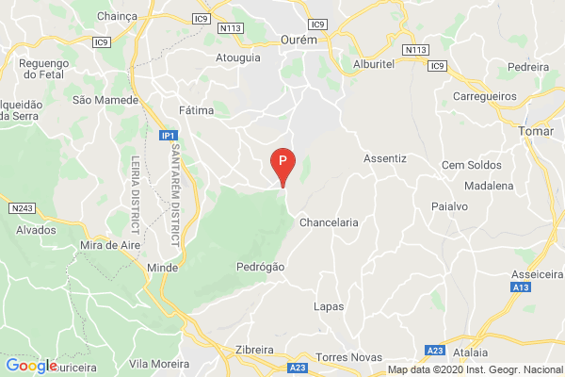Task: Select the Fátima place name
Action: [195, 110]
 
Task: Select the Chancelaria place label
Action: [329, 223]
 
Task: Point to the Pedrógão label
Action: [259, 267]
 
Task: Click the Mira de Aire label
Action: [105, 247]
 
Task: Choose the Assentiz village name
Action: [384, 158]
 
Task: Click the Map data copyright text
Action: [476, 369]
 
